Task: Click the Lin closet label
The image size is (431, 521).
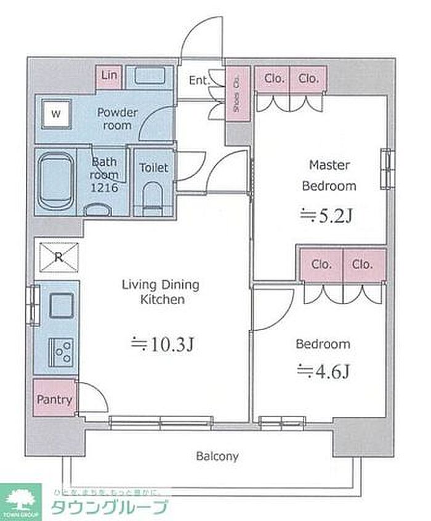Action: point(109,76)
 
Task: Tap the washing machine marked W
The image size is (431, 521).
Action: point(56,113)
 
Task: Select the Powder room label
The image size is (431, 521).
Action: point(117,119)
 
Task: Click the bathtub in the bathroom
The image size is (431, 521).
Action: point(56,182)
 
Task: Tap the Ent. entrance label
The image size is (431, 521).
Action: point(199,80)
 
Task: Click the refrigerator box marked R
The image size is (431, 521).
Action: point(58,257)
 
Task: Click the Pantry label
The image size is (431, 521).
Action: point(54,399)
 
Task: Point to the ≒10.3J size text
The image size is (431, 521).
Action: point(163,344)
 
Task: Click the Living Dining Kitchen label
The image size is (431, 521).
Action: point(160,292)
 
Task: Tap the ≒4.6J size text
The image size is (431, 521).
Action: point(324,371)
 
